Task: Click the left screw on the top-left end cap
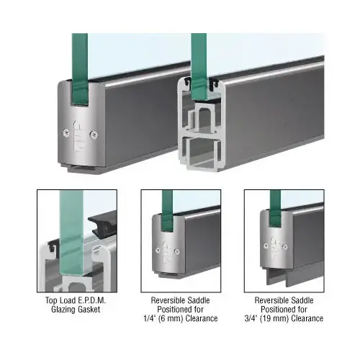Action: [x=66, y=132]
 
